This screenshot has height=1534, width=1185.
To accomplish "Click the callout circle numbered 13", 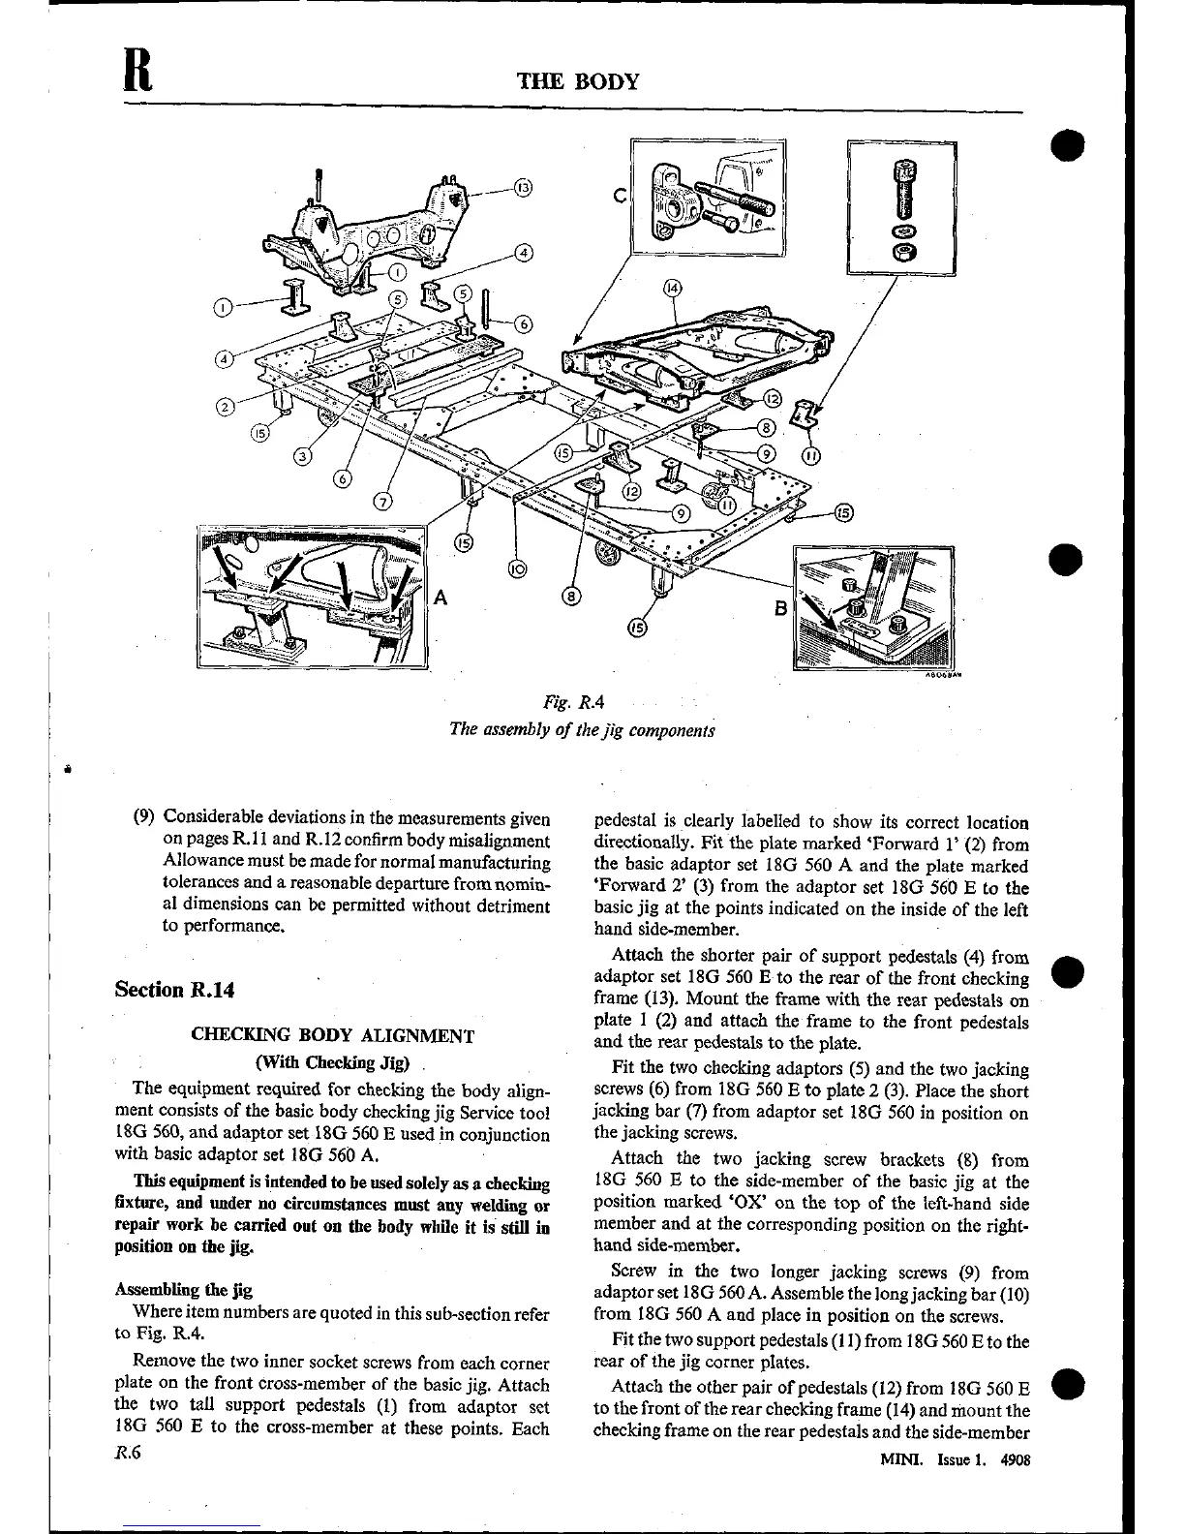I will pos(522,187).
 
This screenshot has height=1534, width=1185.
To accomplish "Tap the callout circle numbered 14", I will pos(672,288).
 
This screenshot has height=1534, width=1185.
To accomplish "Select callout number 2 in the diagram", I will pos(225,407).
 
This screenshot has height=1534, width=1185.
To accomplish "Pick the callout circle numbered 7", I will pos(383,501).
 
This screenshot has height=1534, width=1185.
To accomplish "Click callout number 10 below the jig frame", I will pos(515,569).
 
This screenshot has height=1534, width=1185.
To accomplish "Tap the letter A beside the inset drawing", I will pos(441,598).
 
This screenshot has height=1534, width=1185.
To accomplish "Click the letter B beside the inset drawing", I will pos(780,610).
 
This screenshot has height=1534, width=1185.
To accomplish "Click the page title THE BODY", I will pos(579,80).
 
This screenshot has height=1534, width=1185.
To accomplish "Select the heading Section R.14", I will pos(174,990).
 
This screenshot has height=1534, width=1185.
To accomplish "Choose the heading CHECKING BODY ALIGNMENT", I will pos(333,1035).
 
